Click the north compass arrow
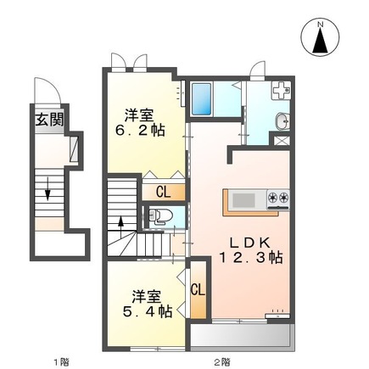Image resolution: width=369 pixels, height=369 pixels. (321, 41)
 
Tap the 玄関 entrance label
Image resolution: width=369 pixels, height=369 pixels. (49, 120)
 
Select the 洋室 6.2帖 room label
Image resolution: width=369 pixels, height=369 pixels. (140, 123)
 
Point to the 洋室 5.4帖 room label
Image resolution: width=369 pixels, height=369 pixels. (148, 304)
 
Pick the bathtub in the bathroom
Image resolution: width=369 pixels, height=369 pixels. (202, 99)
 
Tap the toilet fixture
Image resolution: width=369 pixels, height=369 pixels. (160, 216)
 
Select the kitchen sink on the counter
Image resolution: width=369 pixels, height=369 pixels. (243, 200)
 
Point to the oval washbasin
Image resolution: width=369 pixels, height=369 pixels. (282, 121)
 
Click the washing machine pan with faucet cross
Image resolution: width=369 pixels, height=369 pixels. (281, 90)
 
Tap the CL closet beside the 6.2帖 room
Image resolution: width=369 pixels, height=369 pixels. (164, 193)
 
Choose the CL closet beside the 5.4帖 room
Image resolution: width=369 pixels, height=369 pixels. (198, 290)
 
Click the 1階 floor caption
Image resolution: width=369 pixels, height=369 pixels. (61, 361)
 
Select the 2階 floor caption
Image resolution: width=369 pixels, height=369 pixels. (221, 361)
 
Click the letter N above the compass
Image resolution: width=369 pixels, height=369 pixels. (321, 25)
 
